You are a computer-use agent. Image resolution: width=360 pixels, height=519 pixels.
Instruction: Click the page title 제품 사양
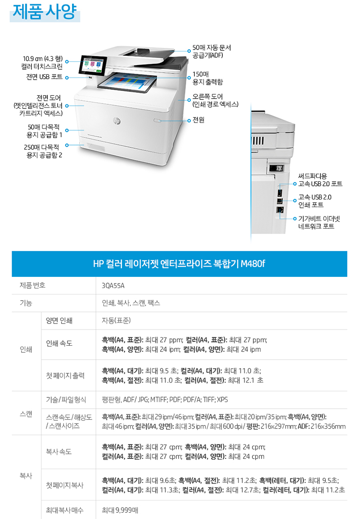tap(45, 12)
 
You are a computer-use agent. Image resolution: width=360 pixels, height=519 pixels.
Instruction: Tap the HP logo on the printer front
tap(117, 121)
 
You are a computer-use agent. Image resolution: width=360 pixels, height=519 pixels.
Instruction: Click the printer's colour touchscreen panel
tap(93, 64)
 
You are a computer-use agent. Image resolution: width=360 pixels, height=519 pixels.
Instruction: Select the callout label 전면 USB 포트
tap(45, 77)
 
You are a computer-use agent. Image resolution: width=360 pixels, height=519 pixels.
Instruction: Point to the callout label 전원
tap(198, 120)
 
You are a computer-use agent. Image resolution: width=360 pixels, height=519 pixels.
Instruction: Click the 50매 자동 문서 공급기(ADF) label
tap(212, 51)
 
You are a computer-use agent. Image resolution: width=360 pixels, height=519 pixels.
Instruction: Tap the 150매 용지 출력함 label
tap(207, 78)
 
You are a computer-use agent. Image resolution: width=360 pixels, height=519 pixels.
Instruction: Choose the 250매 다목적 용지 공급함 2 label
tap(43, 151)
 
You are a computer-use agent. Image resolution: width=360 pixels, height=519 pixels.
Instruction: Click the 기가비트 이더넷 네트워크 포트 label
tap(319, 222)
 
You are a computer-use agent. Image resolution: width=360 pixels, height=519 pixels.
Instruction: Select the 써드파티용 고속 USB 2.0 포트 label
tap(320, 180)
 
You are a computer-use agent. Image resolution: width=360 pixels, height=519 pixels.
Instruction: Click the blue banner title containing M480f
tap(179, 264)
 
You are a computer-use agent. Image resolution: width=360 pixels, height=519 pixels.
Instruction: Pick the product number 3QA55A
tap(113, 286)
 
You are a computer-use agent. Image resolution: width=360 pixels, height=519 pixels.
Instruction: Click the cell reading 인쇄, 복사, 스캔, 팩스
tap(131, 303)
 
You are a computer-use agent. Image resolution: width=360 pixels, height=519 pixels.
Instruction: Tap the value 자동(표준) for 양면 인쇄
tap(116, 320)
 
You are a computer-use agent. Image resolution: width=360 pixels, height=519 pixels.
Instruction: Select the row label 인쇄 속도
tap(59, 343)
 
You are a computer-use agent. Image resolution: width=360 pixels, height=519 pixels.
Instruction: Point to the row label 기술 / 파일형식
tap(66, 400)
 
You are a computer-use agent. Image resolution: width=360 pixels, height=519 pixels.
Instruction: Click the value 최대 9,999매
tap(120, 510)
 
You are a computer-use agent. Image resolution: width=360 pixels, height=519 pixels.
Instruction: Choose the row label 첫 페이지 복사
tap(65, 485)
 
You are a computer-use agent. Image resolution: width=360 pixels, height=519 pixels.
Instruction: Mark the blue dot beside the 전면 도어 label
tap(67, 106)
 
